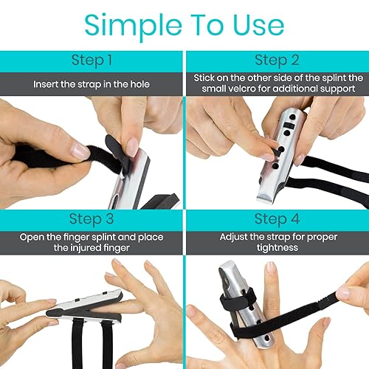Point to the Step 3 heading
(x=92, y=219)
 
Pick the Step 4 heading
(x=277, y=219)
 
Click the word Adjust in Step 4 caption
(x=236, y=238)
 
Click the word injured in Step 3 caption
(x=84, y=249)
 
